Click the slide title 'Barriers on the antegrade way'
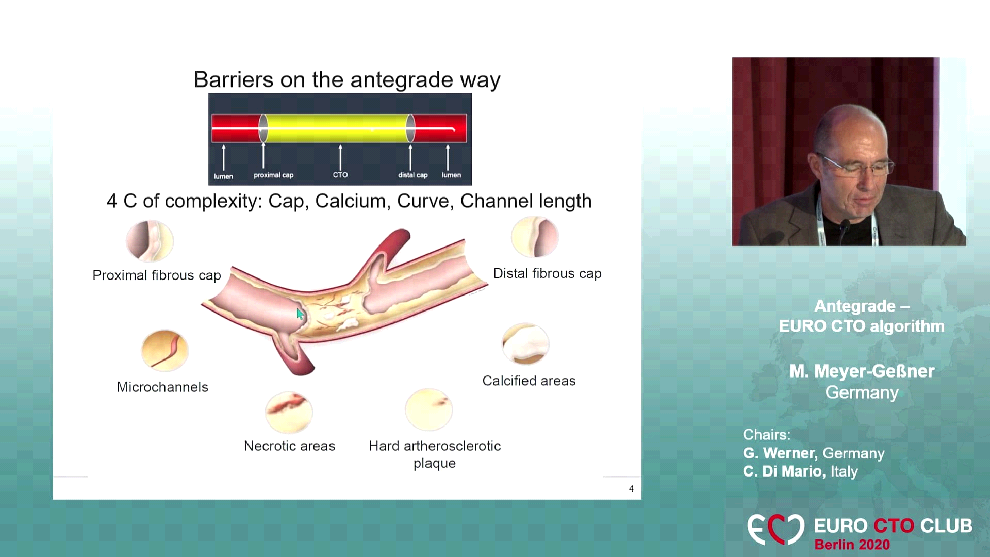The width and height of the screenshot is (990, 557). click(347, 80)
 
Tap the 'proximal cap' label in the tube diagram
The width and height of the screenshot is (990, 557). click(273, 175)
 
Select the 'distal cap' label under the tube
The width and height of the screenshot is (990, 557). click(412, 175)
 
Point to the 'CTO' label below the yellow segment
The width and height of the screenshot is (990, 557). click(340, 175)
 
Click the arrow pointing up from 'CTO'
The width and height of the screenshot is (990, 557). click(340, 157)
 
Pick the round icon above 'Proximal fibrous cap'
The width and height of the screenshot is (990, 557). click(150, 241)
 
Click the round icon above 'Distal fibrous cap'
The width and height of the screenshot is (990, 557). click(535, 237)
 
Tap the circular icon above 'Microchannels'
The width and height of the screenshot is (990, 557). click(164, 351)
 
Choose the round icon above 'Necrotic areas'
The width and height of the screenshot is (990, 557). click(289, 412)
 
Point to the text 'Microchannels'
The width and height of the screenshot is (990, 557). click(162, 387)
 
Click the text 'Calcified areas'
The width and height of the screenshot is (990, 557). click(529, 381)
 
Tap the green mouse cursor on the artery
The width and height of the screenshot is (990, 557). click(300, 314)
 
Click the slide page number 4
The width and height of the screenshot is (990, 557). click(631, 489)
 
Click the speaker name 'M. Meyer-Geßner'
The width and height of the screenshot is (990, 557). click(862, 371)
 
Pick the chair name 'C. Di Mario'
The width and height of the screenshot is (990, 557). click(784, 471)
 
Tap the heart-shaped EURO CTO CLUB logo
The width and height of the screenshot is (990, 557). click(775, 529)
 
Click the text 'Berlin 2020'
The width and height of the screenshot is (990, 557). click(852, 545)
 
